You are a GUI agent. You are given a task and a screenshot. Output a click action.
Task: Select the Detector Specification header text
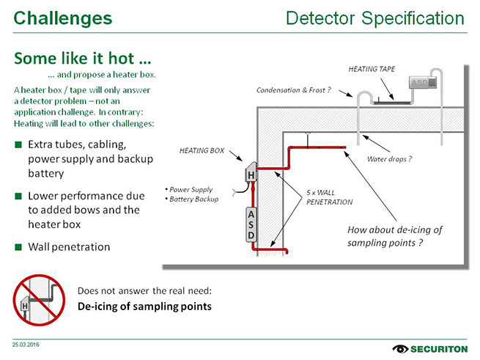[374, 18]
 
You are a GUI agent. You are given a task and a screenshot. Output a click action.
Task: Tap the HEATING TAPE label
[372, 69]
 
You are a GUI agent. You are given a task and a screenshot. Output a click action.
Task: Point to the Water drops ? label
[388, 158]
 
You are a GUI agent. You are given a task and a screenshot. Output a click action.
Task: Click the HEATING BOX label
[202, 150]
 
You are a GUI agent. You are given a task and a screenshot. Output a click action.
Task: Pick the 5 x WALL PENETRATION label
[330, 197]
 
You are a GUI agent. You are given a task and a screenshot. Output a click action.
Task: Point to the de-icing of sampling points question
[394, 235]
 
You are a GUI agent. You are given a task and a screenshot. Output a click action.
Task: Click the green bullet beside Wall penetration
[18, 247]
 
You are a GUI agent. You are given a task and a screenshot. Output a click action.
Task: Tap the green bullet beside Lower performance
[18, 196]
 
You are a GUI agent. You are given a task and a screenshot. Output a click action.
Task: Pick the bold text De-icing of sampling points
[144, 306]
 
